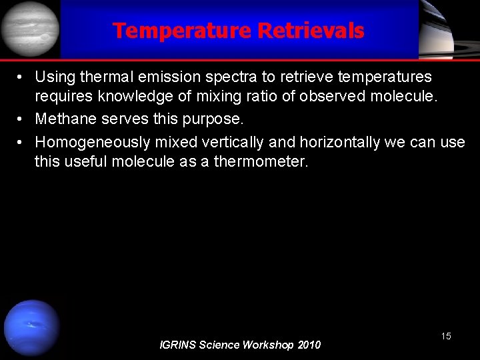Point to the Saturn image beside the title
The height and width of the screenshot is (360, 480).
pyautogui.click(x=448, y=29)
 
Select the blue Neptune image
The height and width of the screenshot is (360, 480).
pyautogui.click(x=31, y=328)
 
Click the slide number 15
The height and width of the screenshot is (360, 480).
pyautogui.click(x=445, y=337)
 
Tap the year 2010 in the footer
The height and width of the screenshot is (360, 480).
pyautogui.click(x=308, y=345)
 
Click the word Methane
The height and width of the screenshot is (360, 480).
pyautogui.click(x=63, y=119)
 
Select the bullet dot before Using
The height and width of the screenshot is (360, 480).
pyautogui.click(x=22, y=78)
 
